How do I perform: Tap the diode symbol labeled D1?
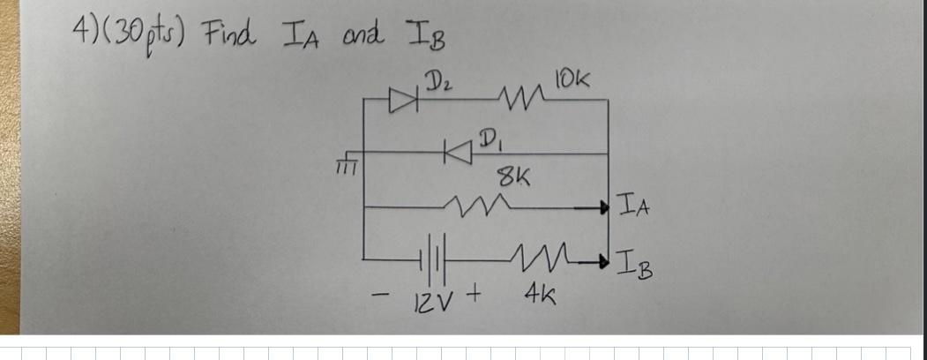pos(458,154)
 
